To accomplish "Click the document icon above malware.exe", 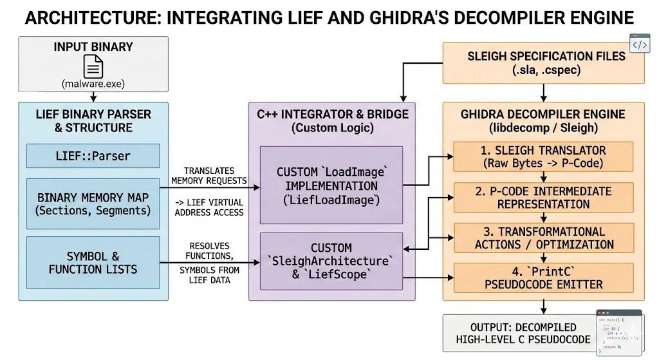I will pyautogui.click(x=93, y=66).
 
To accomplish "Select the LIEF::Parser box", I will pyautogui.click(x=93, y=156).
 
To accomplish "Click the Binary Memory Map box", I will pyautogui.click(x=93, y=204).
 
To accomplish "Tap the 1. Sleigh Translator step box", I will pyautogui.click(x=544, y=157).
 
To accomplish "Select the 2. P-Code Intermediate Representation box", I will pyautogui.click(x=544, y=196).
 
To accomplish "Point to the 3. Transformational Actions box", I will pyautogui.click(x=544, y=238).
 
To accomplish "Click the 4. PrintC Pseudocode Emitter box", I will pyautogui.click(x=544, y=277).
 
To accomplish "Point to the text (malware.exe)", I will pyautogui.click(x=93, y=84).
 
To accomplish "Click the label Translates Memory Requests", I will pyautogui.click(x=209, y=175).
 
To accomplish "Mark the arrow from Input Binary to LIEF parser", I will pyautogui.click(x=93, y=97).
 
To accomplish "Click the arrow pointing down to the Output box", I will pyautogui.click(x=544, y=307).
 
